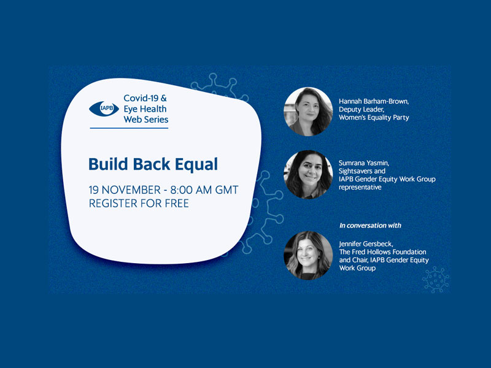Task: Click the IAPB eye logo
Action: pyautogui.click(x=104, y=109)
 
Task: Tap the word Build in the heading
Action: pyautogui.click(x=109, y=164)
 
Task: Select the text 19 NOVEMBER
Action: pyautogui.click(x=125, y=190)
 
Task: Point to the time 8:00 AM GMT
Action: pyautogui.click(x=204, y=190)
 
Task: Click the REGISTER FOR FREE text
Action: pyautogui.click(x=139, y=204)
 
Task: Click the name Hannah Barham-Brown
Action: pyautogui.click(x=374, y=101)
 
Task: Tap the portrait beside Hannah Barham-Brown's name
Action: pyautogui.click(x=308, y=112)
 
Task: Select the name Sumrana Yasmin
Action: pyautogui.click(x=364, y=163)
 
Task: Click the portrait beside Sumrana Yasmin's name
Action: pyautogui.click(x=308, y=175)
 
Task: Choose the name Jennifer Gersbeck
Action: pyautogui.click(x=366, y=243)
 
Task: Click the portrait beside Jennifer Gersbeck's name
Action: pyautogui.click(x=308, y=255)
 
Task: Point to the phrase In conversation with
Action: pyautogui.click(x=370, y=226)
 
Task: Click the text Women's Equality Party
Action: pyautogui.click(x=374, y=118)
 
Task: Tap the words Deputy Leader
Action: pyautogui.click(x=361, y=110)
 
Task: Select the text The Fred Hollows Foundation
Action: pyautogui.click(x=382, y=252)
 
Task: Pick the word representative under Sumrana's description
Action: pyautogui.click(x=360, y=188)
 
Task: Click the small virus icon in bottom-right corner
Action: pyautogui.click(x=436, y=280)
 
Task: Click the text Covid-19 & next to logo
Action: pyautogui.click(x=145, y=98)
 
